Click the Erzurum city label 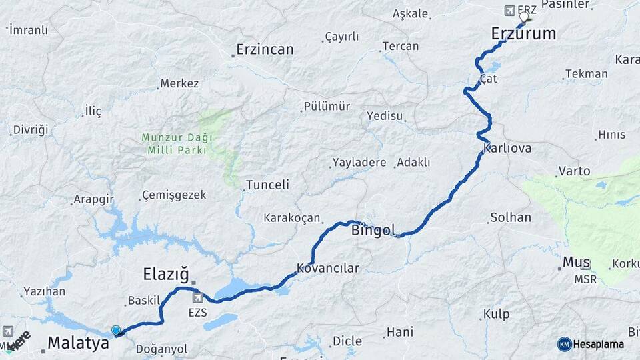pos(523,33)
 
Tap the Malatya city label pos(78,344)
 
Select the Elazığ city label pos(167,274)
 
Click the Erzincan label pos(265,49)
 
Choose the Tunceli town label pos(267,185)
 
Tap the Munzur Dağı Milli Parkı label pos(177,143)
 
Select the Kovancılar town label pos(328,269)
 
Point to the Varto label pos(575,171)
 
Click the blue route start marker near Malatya pos(116,330)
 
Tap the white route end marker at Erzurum pos(524,17)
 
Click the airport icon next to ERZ pos(510,10)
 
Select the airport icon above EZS pos(197,297)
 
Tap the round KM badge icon pos(565,344)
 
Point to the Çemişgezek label pos(174,195)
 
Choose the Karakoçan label pos(291,218)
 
